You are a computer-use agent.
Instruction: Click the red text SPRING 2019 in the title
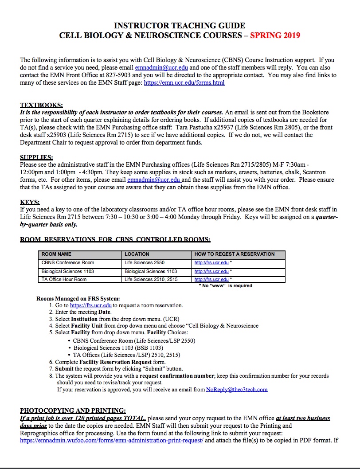point(275,35)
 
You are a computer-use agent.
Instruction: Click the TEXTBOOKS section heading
point(42,106)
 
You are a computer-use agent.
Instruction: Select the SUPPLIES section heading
point(37,157)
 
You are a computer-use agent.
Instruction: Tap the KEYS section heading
point(30,203)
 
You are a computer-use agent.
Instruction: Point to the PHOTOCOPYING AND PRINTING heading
point(73,410)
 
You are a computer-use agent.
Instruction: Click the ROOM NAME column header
point(56,254)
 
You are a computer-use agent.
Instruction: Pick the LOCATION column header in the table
point(137,254)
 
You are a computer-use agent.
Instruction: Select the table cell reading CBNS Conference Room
point(68,263)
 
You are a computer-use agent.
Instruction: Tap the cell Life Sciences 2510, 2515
point(148,279)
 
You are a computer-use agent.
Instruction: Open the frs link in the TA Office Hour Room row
point(211,280)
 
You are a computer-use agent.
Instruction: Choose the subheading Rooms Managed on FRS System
point(78,298)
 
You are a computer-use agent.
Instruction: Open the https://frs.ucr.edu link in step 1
point(91,305)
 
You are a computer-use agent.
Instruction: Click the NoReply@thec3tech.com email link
point(237,390)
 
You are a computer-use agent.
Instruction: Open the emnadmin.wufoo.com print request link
point(112,441)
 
